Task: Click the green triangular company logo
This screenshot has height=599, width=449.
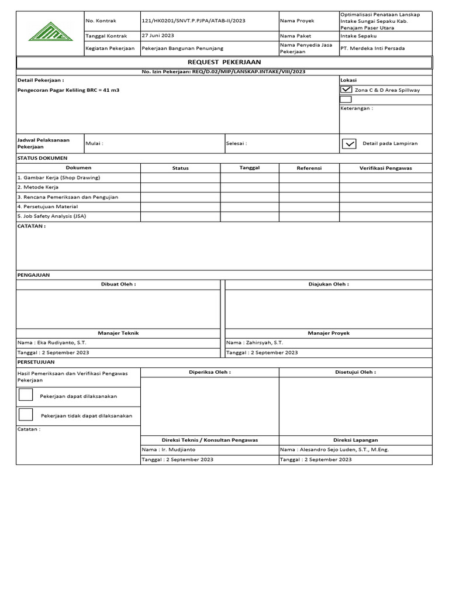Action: [x=50, y=32]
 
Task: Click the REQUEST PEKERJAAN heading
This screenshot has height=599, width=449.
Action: [x=224, y=62]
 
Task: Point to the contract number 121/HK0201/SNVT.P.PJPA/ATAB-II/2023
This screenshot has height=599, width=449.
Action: [x=194, y=20]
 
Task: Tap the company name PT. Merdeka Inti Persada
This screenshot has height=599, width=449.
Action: [x=372, y=48]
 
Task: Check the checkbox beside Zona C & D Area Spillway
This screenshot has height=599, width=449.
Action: [x=346, y=90]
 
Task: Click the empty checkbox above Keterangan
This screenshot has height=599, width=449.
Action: [x=346, y=99]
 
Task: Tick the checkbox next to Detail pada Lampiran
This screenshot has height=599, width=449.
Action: [x=349, y=143]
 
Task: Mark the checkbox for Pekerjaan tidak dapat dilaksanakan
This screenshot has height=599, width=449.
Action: [x=26, y=415]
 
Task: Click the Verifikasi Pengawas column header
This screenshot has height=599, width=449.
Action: [x=385, y=168]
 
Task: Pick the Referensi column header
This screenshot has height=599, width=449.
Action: [x=309, y=168]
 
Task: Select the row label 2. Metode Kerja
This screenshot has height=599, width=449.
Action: [x=38, y=187]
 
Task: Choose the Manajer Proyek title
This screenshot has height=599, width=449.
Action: [x=328, y=333]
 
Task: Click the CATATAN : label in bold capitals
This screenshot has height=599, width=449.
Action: [x=32, y=226]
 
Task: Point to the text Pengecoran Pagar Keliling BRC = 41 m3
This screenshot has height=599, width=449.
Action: [x=68, y=91]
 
